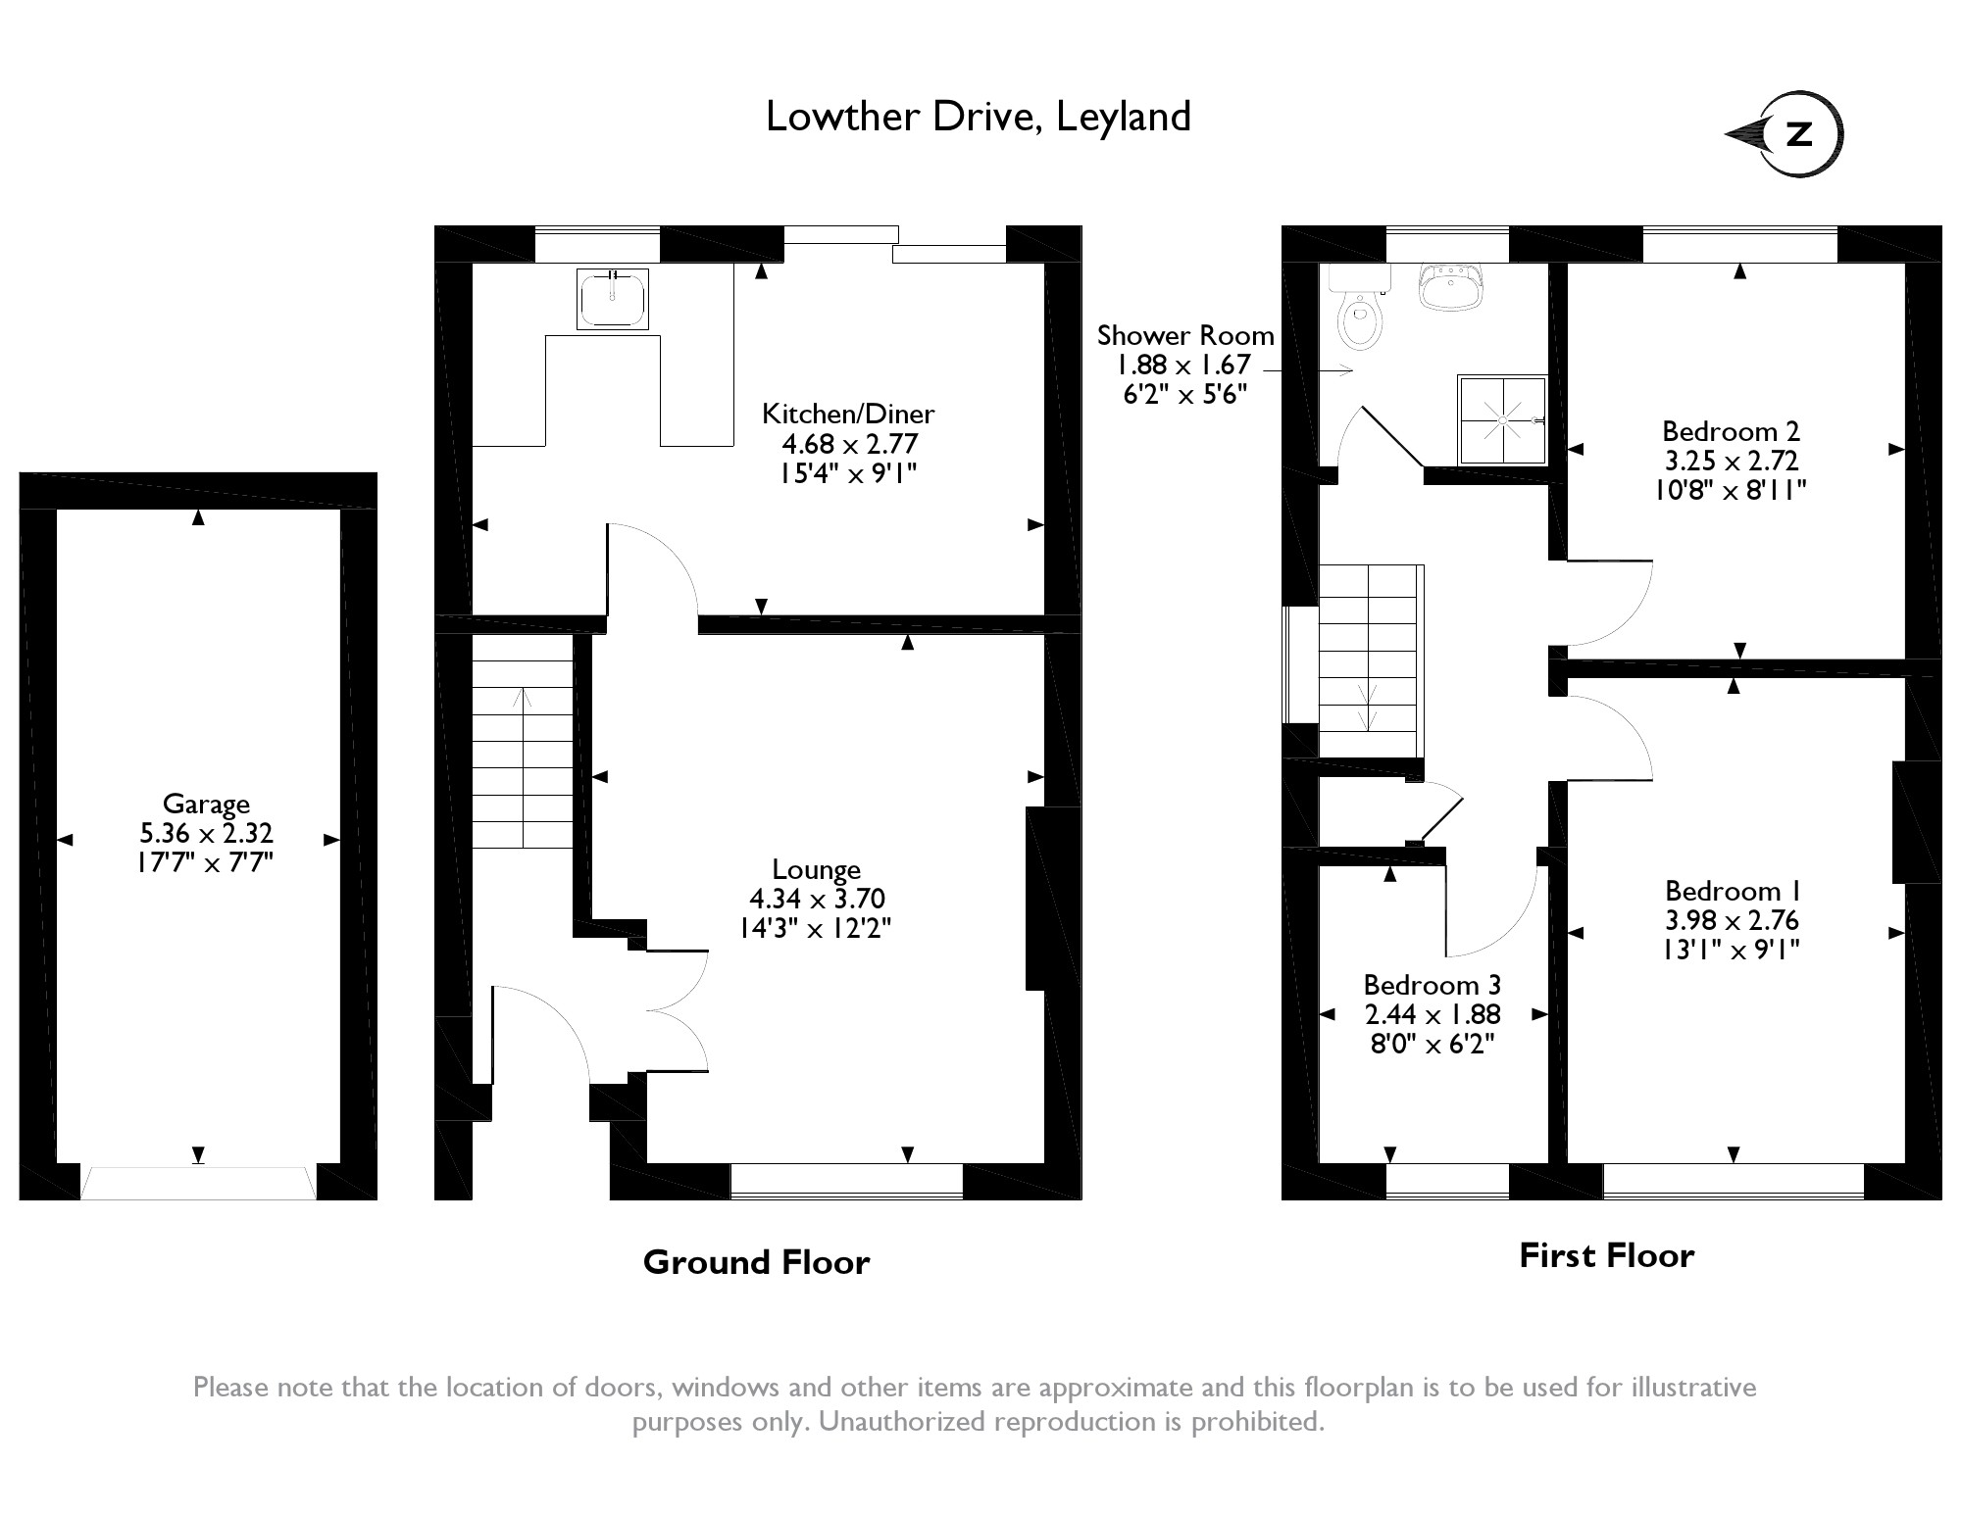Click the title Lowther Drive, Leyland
tap(978, 117)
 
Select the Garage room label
tap(206, 804)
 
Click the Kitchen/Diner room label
tap(849, 414)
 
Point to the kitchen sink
tap(613, 299)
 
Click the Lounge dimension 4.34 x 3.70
tap(817, 899)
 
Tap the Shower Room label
tap(1185, 335)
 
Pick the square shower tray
tap(1502, 419)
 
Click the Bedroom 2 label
tap(1732, 431)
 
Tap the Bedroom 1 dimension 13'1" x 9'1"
tap(1732, 950)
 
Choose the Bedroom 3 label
tap(1433, 985)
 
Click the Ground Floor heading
tap(756, 1262)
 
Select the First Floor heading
tap(1606, 1255)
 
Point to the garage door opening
tap(198, 1183)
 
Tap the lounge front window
tap(847, 1181)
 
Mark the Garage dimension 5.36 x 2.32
tap(206, 834)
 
